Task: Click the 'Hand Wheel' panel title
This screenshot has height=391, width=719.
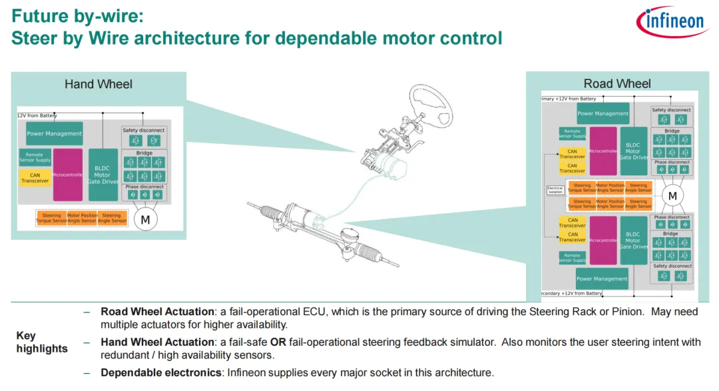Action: tap(98, 84)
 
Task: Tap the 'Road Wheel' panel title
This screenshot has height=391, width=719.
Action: tap(617, 83)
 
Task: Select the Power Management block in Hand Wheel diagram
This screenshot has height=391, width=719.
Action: tap(55, 134)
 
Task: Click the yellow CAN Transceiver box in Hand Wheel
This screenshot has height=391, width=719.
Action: tap(35, 178)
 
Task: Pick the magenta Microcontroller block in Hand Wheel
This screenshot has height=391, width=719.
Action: tap(68, 175)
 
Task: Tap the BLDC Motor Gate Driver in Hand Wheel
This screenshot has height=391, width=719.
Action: tap(103, 175)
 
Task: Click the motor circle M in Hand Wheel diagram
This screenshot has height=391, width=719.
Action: tap(145, 218)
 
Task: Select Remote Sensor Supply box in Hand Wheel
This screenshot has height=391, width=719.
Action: tap(35, 158)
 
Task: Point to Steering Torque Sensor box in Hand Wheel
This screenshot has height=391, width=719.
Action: tap(51, 218)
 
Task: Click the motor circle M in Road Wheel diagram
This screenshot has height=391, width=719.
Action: tap(672, 196)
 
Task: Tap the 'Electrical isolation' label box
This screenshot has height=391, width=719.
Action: tap(555, 190)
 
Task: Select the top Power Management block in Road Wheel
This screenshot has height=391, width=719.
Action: tap(603, 114)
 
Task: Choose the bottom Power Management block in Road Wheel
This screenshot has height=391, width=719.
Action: tap(602, 278)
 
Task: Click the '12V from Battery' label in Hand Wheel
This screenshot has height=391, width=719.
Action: tap(37, 116)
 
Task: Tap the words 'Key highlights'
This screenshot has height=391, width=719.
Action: tap(41, 342)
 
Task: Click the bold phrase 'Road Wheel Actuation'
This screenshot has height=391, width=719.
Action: tap(158, 311)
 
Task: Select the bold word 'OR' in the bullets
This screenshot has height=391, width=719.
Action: tap(278, 342)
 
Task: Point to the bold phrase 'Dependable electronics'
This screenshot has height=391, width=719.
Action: tap(160, 372)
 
